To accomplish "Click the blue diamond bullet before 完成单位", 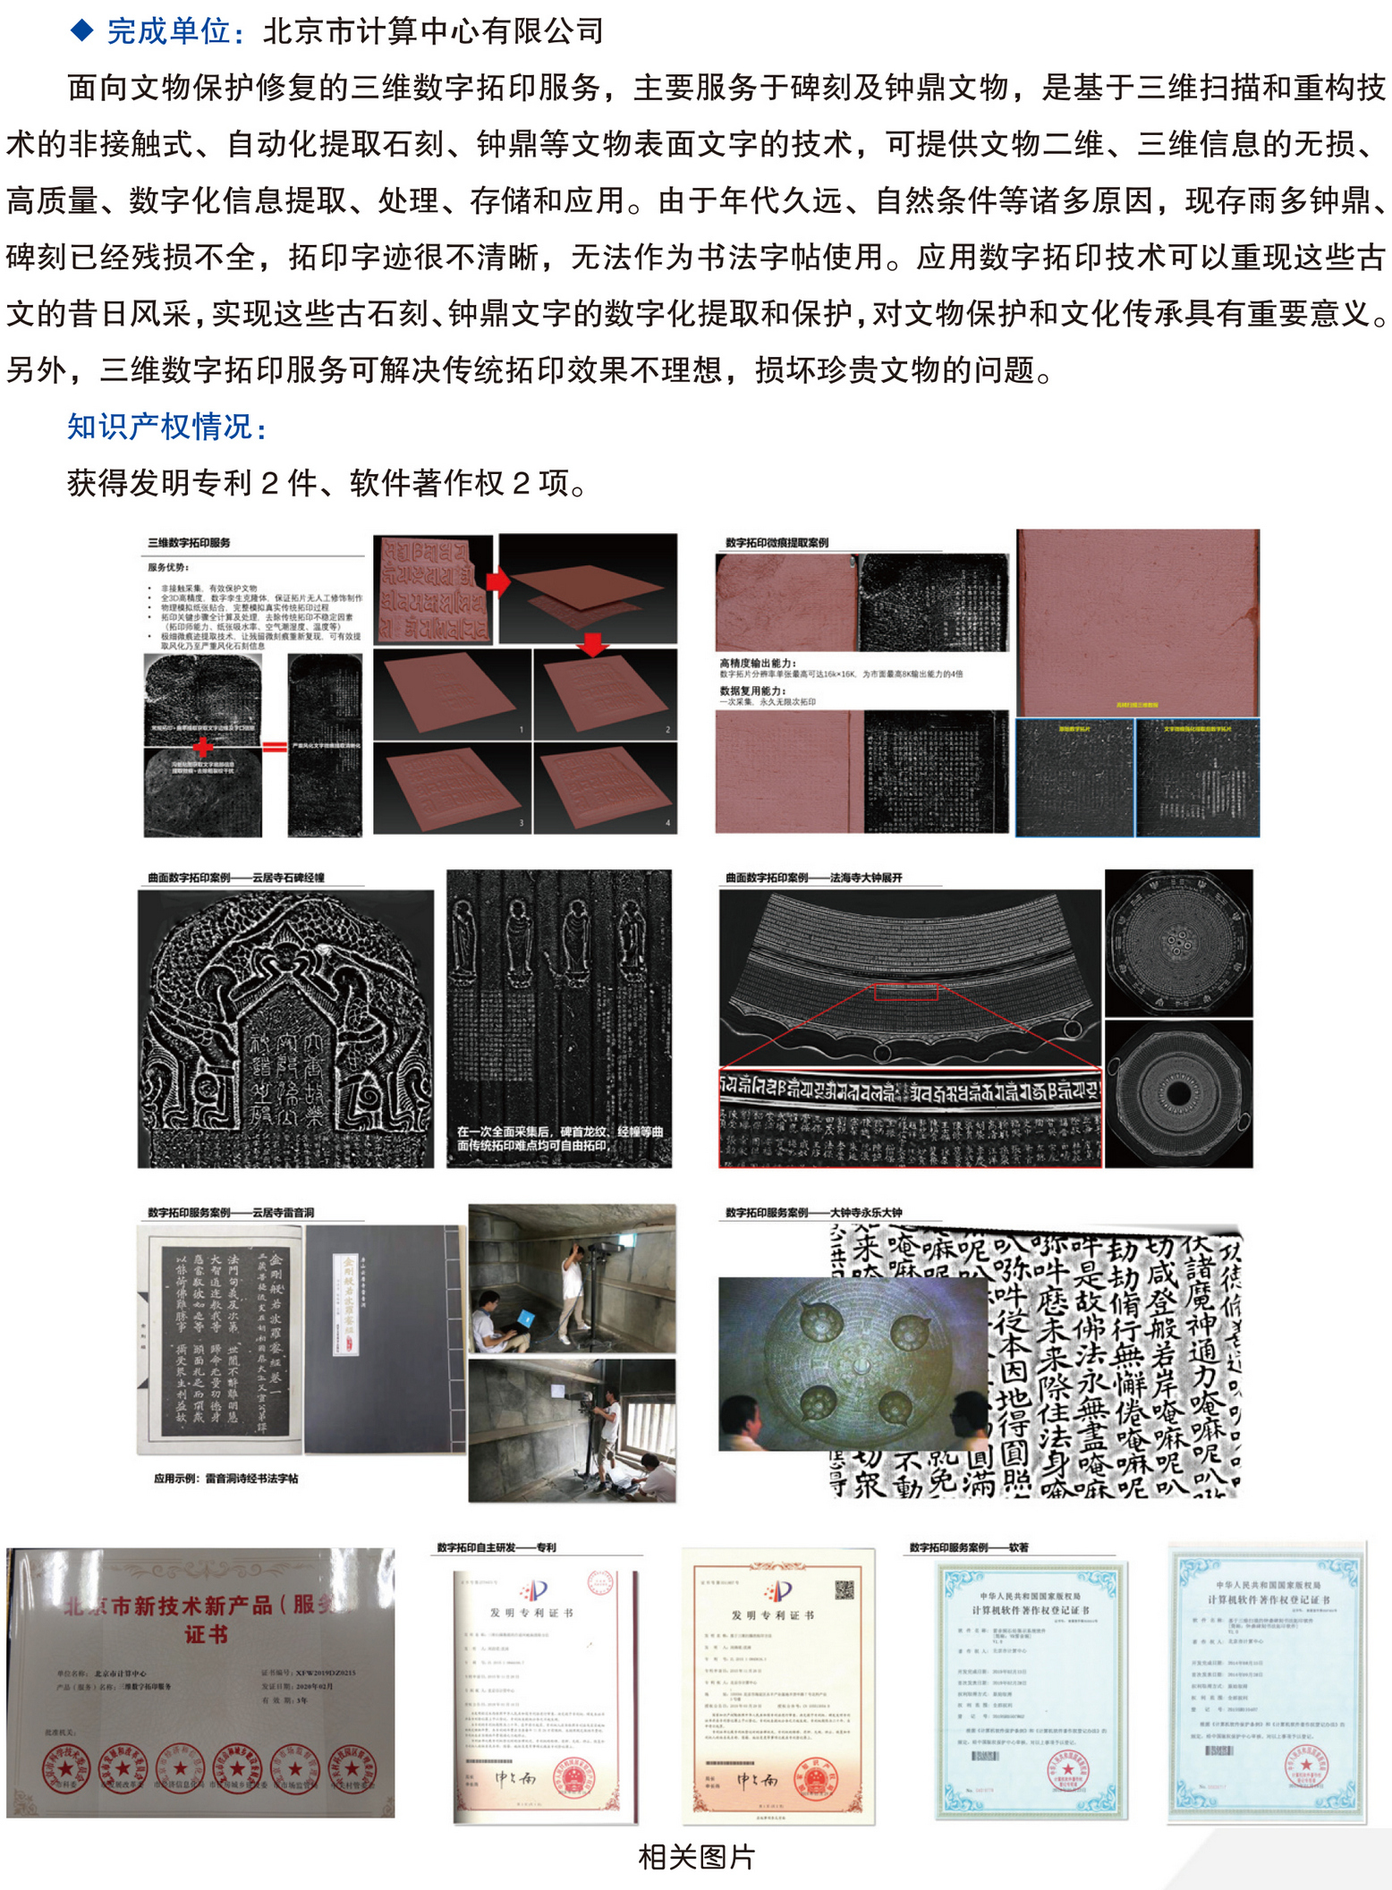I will click(82, 30).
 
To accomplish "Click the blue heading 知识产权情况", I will click(166, 427).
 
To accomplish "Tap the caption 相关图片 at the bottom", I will click(695, 1857).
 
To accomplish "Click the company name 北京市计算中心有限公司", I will click(433, 31).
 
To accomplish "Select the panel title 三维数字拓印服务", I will click(189, 543).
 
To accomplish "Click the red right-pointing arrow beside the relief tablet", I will click(498, 582).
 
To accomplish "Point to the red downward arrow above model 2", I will click(592, 643).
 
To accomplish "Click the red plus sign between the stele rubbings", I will click(204, 745).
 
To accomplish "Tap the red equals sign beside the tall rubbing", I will click(275, 746).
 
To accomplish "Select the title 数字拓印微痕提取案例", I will click(777, 543).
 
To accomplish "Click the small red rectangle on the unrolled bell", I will click(905, 992).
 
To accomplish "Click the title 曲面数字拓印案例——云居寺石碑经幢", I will click(236, 877).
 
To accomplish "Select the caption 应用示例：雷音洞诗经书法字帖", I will click(225, 1479).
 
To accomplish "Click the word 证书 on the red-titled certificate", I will click(206, 1634).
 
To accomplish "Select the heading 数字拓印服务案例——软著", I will click(968, 1547).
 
